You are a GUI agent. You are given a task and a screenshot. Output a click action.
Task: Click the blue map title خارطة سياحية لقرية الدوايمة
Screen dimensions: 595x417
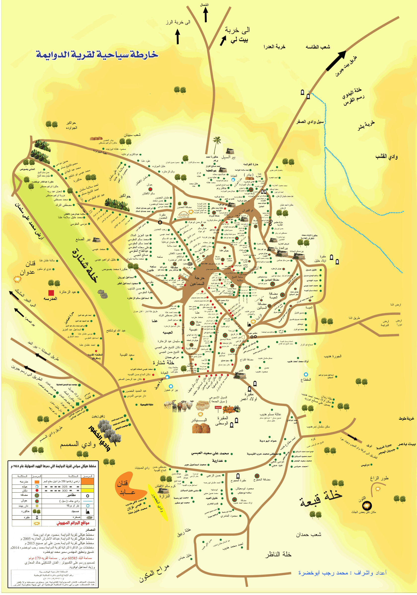point(97,55)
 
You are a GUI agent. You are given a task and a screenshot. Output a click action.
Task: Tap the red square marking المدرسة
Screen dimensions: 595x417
point(51,293)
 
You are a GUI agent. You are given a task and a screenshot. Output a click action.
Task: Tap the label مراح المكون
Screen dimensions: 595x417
point(154,573)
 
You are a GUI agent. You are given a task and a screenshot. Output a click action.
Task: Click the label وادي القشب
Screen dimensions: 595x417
point(386,156)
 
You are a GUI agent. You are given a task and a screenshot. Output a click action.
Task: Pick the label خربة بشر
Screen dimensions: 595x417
point(366,125)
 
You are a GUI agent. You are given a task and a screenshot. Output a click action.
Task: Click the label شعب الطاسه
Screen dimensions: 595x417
point(318,47)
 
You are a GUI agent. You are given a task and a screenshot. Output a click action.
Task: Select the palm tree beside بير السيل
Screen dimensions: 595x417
point(216,144)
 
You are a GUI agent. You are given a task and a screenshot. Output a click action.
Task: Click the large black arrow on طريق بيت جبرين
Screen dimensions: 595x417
point(336,61)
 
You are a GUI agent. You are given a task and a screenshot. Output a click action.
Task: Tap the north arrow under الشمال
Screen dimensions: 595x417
point(206,15)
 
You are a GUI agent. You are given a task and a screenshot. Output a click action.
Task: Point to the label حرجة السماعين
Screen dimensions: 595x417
point(197,281)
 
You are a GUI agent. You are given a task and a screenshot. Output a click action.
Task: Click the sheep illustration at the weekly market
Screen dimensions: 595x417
point(179,406)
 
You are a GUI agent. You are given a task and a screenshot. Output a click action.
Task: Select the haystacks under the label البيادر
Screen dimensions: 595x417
point(201,428)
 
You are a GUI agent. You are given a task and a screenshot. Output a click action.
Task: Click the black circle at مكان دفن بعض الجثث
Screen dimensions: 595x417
point(367,505)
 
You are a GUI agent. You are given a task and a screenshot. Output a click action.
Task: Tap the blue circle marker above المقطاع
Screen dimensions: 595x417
point(306,374)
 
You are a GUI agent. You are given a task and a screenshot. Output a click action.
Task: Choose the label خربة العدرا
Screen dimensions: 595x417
point(275,47)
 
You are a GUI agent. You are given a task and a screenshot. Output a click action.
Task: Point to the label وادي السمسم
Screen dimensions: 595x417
point(78,444)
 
